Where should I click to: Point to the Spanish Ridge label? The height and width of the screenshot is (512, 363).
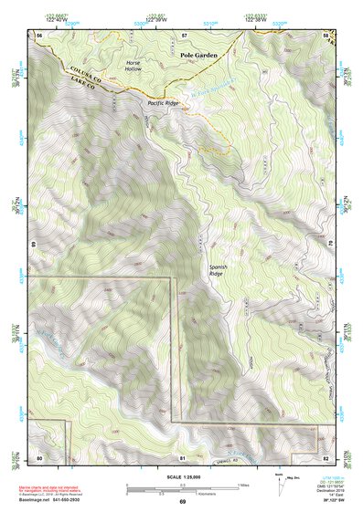pyautogui.click(x=217, y=269)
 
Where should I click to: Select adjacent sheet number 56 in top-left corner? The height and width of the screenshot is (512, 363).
pyautogui.click(x=39, y=35)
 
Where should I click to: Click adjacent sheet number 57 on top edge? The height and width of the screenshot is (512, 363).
pyautogui.click(x=184, y=35)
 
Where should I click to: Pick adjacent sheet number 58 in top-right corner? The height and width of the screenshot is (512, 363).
pyautogui.click(x=326, y=35)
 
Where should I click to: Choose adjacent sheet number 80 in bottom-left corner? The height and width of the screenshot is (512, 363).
pyautogui.click(x=39, y=456)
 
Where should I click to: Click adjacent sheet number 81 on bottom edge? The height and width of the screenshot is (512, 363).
pyautogui.click(x=183, y=456)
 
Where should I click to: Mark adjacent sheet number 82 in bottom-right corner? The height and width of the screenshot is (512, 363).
pyautogui.click(x=326, y=456)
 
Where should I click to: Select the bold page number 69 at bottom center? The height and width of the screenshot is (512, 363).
pyautogui.click(x=182, y=502)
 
